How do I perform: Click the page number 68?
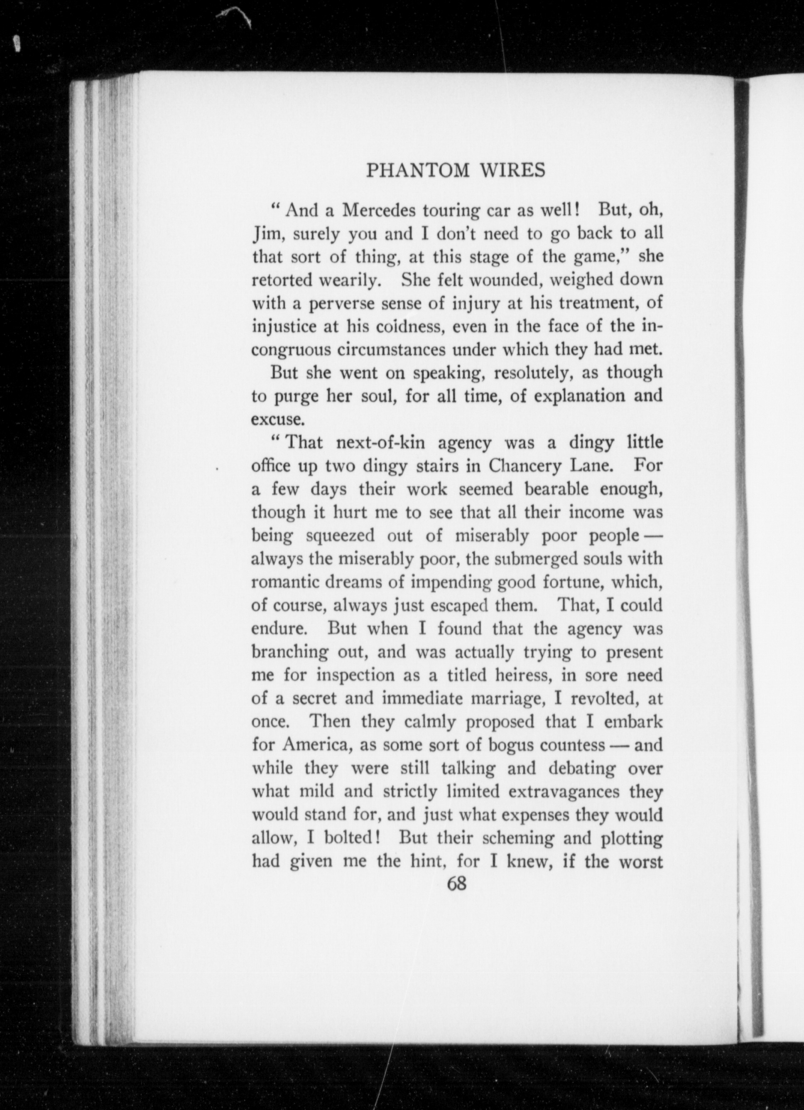point(456,884)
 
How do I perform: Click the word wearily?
point(348,280)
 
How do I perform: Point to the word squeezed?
point(340,536)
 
